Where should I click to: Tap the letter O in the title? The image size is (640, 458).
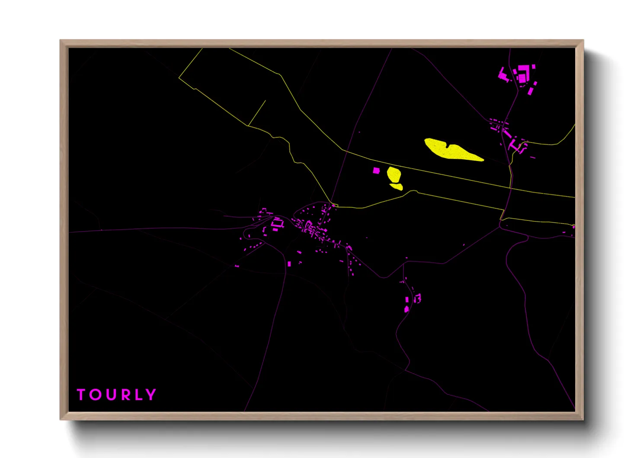[x=95, y=394]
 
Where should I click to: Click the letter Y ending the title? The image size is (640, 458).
[x=150, y=394]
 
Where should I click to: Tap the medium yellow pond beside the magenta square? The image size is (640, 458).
[x=394, y=174]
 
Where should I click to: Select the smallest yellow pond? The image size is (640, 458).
[x=397, y=187]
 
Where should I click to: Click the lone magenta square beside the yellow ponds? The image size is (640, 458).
[x=376, y=171]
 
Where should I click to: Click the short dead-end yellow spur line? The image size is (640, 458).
[x=257, y=113]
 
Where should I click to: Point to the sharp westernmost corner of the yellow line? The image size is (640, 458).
[x=179, y=78]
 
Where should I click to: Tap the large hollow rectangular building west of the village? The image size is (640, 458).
[x=277, y=223]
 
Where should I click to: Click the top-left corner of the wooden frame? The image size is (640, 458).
[x=61, y=41]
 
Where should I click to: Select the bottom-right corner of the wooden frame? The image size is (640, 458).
[x=583, y=419]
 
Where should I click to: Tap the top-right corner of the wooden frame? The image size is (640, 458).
[x=583, y=41]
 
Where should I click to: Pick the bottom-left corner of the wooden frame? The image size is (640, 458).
[x=61, y=419]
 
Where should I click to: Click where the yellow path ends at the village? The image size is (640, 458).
[x=333, y=204]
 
